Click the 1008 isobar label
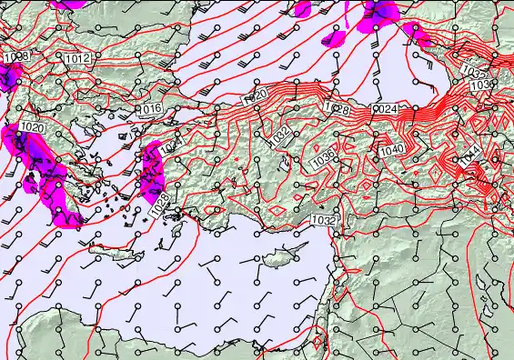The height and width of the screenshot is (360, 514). tap(14, 57)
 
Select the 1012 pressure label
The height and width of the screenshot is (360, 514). tap(77, 58)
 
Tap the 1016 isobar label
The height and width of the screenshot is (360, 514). tap(151, 109)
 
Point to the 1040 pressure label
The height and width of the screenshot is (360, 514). tap(392, 150)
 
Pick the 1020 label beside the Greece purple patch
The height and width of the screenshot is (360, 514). tap(32, 127)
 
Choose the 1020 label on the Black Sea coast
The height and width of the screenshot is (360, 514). tap(256, 95)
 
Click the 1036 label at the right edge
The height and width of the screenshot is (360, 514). tap(482, 85)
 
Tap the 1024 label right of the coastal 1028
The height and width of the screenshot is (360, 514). tap(385, 109)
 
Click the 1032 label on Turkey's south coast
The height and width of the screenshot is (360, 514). tap(324, 220)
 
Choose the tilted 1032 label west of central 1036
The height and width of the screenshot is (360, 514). tap(281, 134)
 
